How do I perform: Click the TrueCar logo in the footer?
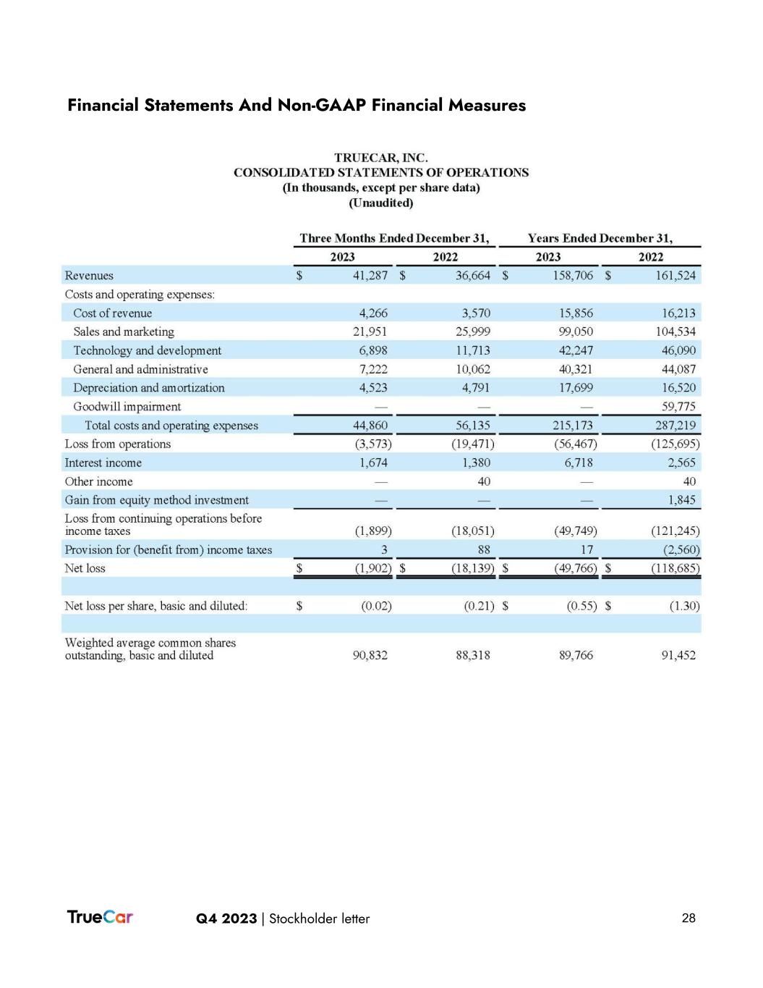(x=100, y=917)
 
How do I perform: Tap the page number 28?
(x=689, y=918)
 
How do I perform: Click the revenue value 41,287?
(x=370, y=276)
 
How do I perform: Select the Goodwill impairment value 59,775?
(x=678, y=407)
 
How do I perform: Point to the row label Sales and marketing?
(x=124, y=332)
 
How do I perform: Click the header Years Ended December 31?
(x=600, y=238)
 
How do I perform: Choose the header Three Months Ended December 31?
(x=394, y=238)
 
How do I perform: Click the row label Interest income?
(x=103, y=463)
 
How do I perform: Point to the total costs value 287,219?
(x=675, y=426)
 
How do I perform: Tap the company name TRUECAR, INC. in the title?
(x=380, y=157)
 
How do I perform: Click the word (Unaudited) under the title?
(x=380, y=203)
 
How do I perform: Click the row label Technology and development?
(x=148, y=350)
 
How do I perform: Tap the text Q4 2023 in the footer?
(x=226, y=919)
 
